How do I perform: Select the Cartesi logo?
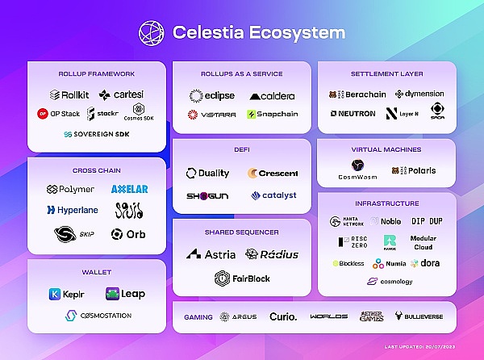(x=123, y=94)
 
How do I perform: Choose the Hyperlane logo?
(x=71, y=210)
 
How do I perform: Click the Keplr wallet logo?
(x=66, y=294)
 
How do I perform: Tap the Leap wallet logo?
(x=125, y=294)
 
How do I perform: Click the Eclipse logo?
(x=211, y=95)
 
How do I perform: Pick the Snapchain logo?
(x=272, y=114)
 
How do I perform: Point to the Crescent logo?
(x=273, y=173)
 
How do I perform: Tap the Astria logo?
(x=211, y=254)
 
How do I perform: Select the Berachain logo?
(x=357, y=94)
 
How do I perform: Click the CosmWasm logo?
(x=356, y=170)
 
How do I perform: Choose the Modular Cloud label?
(x=423, y=243)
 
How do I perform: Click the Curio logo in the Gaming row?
(x=283, y=317)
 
